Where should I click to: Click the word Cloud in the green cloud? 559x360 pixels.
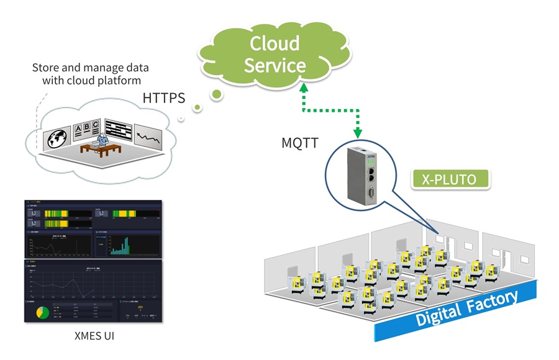275,43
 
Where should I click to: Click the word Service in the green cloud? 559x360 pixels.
275,65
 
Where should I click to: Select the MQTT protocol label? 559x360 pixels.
300,143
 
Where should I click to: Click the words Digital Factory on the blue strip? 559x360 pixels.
466,308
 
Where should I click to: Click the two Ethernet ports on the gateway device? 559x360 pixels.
370,174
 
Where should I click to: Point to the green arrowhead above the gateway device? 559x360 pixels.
358,132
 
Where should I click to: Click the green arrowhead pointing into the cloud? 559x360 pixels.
304,89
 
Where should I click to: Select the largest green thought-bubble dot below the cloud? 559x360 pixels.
217,95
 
